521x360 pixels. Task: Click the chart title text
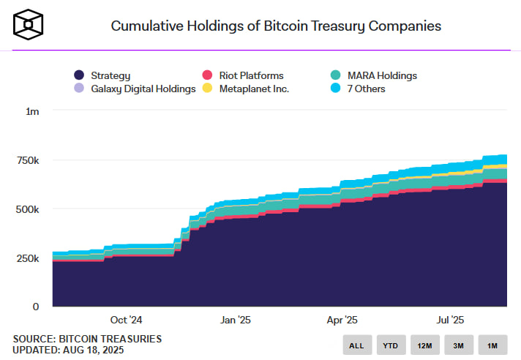[x=276, y=26]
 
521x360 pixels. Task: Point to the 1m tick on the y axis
[x=32, y=111]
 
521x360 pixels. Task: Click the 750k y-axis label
[x=27, y=160]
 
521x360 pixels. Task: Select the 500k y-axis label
[x=27, y=209]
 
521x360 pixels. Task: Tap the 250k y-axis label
[x=27, y=258]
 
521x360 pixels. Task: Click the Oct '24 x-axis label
[x=126, y=320]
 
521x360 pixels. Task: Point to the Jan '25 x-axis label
[x=236, y=320]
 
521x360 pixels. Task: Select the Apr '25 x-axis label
[x=342, y=320]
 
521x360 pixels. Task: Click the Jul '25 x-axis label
[x=449, y=320]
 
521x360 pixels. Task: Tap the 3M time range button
[x=459, y=345]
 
